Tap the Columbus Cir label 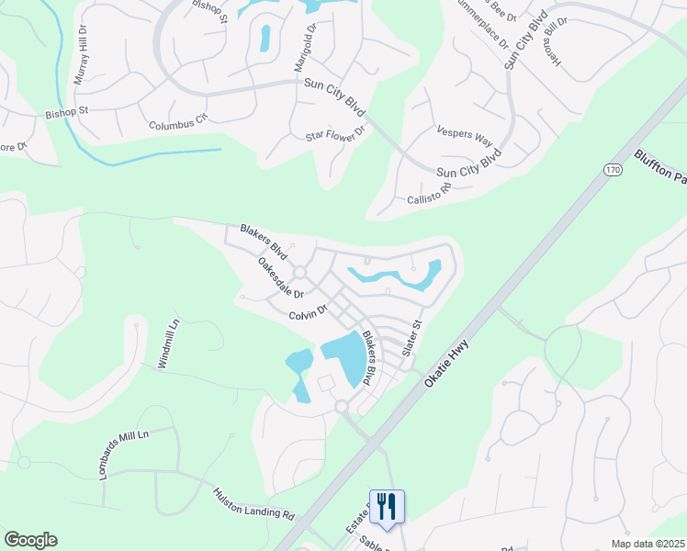coord(179,120)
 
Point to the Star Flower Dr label coord(335,134)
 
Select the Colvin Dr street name coord(308,313)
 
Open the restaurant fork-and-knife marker coord(387,506)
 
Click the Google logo coord(30,540)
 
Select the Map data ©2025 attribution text coord(648,544)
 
